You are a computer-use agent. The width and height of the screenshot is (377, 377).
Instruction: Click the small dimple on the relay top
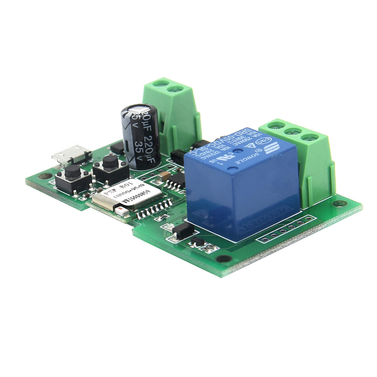tap(232, 170)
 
